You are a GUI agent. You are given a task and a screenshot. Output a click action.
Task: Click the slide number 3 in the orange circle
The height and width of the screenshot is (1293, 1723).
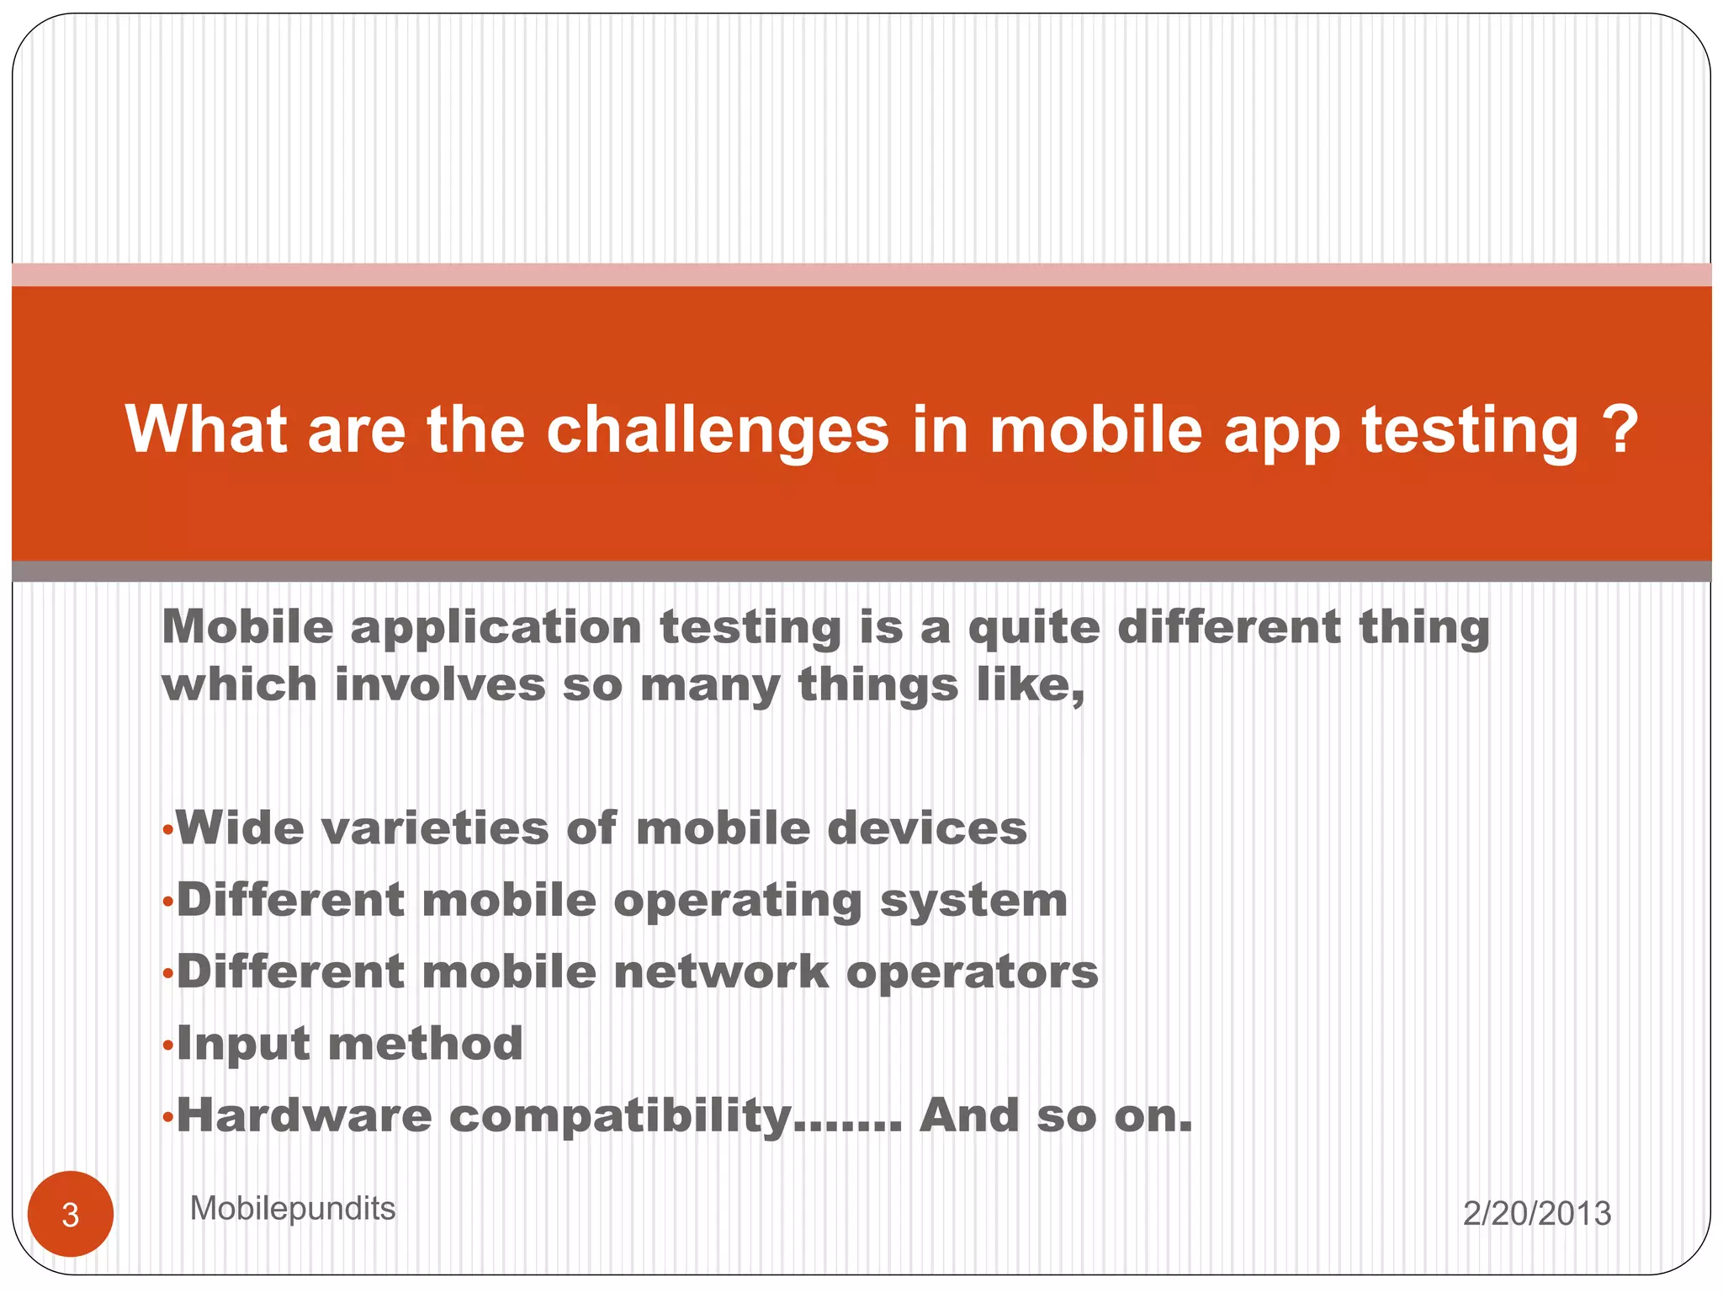(x=70, y=1215)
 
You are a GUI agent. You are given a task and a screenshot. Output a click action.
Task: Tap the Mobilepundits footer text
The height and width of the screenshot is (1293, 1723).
(x=292, y=1209)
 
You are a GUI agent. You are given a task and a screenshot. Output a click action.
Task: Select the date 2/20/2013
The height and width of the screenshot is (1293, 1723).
(x=1536, y=1214)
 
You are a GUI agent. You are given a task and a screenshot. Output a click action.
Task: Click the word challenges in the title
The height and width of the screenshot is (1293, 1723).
(x=718, y=430)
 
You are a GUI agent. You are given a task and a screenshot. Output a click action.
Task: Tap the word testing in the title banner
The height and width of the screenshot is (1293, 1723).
(x=1470, y=430)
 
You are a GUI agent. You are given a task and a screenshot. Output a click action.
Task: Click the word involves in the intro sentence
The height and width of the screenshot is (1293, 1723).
(x=440, y=684)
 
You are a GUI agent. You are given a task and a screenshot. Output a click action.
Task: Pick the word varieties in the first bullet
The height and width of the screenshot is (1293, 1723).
(x=434, y=828)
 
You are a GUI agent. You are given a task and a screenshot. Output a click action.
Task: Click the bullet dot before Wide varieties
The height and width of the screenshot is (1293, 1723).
(x=168, y=832)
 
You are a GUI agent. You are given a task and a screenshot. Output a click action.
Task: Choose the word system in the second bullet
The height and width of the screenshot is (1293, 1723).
(x=973, y=901)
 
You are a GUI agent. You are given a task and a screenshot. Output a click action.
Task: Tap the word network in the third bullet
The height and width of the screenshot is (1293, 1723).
(x=721, y=972)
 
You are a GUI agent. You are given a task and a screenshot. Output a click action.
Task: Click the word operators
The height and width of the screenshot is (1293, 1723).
(x=972, y=972)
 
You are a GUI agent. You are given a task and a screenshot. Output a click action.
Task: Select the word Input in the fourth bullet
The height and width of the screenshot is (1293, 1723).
(x=243, y=1045)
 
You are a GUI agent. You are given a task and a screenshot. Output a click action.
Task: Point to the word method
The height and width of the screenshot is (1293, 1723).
(x=425, y=1044)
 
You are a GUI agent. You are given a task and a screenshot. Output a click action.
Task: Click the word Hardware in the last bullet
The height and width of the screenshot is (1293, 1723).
(x=304, y=1116)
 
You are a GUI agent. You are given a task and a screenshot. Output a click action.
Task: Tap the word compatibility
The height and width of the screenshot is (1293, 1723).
(x=620, y=1117)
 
